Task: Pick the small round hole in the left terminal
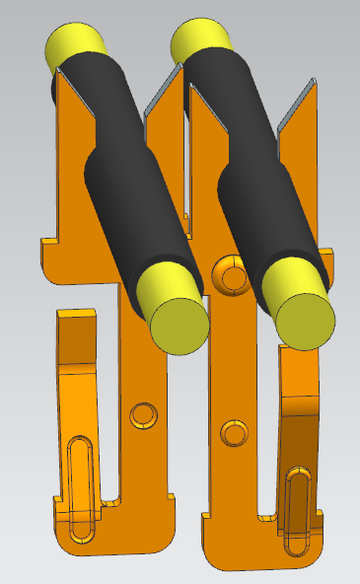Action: point(143,414)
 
